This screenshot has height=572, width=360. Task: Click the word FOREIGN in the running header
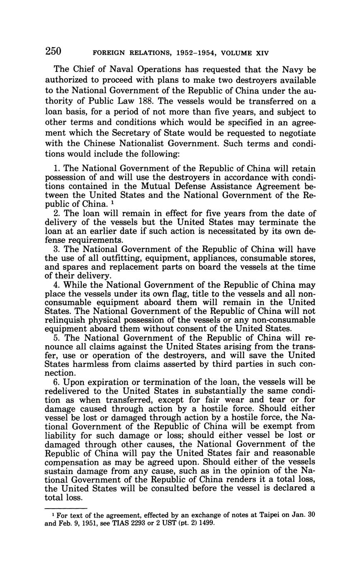point(108,53)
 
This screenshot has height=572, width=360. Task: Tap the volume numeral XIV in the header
point(261,53)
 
